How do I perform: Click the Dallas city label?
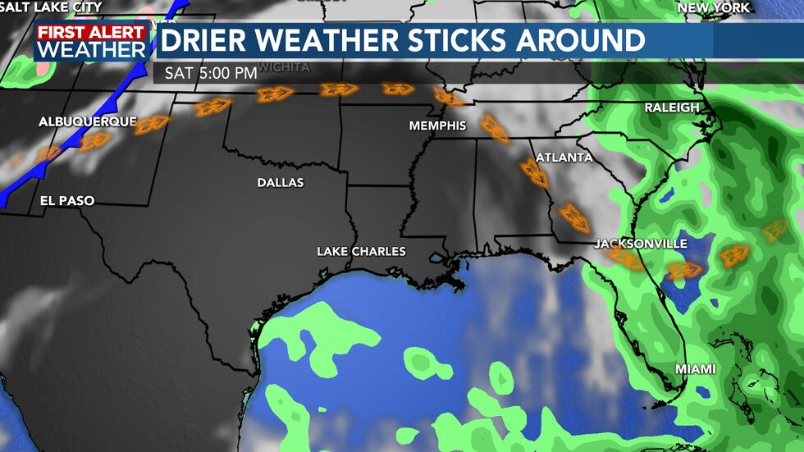click(x=281, y=182)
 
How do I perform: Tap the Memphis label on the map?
click(x=438, y=126)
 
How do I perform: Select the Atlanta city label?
click(x=564, y=157)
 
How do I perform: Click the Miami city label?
click(x=695, y=369)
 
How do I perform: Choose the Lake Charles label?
click(x=361, y=251)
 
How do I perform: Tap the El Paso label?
click(x=67, y=200)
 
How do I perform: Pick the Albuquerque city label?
click(x=87, y=121)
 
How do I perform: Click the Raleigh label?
click(x=672, y=107)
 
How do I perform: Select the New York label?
click(x=713, y=7)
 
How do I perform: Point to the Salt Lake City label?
click(x=51, y=7)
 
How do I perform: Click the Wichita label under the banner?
click(x=284, y=67)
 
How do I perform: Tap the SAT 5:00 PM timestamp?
click(x=211, y=72)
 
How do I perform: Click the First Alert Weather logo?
click(x=91, y=41)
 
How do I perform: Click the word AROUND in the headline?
click(x=578, y=39)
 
